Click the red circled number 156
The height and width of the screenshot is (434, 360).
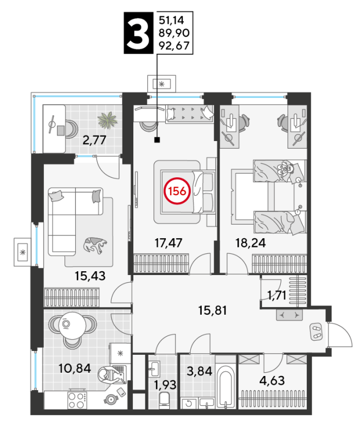click(177, 191)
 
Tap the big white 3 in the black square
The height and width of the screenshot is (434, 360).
click(138, 33)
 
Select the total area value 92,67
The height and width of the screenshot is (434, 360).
click(174, 46)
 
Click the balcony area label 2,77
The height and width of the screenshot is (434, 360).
click(94, 140)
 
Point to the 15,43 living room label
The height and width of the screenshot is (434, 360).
click(90, 276)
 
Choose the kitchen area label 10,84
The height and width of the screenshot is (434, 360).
click(75, 368)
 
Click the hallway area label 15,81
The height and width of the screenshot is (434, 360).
click(213, 310)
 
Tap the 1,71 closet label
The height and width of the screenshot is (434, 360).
click(277, 296)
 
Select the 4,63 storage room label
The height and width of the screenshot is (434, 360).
click(272, 381)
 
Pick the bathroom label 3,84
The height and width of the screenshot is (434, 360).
click(200, 371)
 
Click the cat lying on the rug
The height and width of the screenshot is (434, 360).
click(95, 245)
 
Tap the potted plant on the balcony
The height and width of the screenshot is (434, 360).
click(108, 120)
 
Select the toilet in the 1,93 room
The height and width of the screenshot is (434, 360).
click(164, 399)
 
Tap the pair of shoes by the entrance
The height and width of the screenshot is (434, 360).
click(316, 331)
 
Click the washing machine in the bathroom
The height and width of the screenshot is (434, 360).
click(189, 403)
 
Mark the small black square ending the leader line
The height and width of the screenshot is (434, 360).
click(157, 140)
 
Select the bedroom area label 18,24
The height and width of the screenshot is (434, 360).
click(250, 243)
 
